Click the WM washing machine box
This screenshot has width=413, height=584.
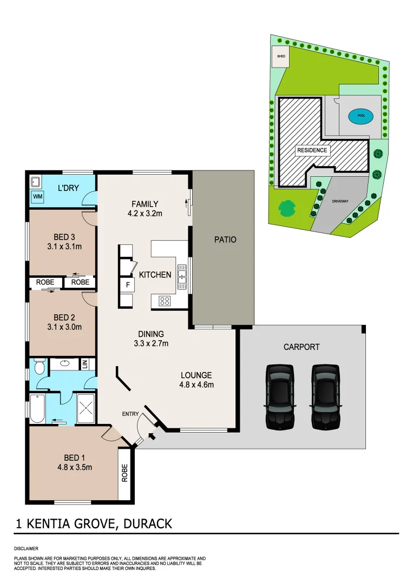[38, 197]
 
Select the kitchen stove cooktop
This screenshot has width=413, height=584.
[165, 301]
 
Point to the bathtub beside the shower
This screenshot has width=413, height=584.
[37, 409]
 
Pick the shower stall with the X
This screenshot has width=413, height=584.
[87, 409]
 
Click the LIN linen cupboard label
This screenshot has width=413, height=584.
[84, 364]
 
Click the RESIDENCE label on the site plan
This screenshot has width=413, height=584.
[312, 150]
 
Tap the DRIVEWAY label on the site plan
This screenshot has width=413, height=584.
[340, 201]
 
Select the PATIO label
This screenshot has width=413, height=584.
[225, 240]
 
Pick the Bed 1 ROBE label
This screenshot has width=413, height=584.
[125, 474]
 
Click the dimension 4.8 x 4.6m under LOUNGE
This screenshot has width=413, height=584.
[196, 386]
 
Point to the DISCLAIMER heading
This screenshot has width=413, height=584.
[26, 548]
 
